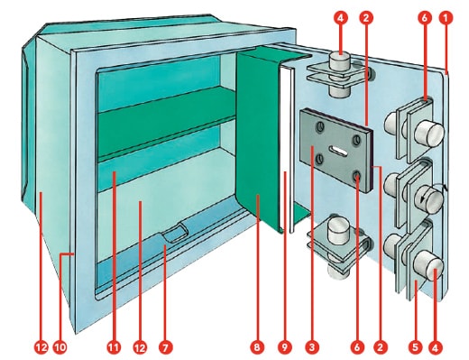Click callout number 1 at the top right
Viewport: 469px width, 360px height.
tap(446, 18)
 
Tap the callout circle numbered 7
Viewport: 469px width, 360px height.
tap(166, 347)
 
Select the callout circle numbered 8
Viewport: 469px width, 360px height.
tap(257, 347)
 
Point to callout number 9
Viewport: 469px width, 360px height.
tap(285, 347)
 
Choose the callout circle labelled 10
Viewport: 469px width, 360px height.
tap(60, 347)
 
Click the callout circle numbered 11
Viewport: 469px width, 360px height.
tap(113, 347)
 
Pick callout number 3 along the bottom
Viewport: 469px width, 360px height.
tap(312, 347)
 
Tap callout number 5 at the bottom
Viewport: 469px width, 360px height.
tap(415, 347)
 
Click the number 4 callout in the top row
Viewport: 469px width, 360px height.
tap(340, 18)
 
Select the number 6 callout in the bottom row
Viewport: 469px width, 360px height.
tap(357, 347)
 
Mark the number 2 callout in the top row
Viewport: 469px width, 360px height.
tap(366, 18)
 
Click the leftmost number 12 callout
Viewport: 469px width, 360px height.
tap(41, 347)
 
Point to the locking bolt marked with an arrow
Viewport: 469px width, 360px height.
tap(428, 198)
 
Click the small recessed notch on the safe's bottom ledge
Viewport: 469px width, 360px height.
tap(175, 232)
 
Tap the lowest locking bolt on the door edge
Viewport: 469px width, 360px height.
tap(428, 263)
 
